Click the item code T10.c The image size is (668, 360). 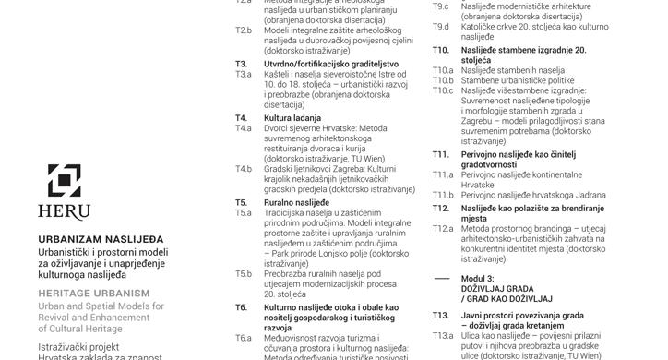(444, 90)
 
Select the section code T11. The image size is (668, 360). (441, 153)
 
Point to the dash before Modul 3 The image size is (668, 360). (442, 278)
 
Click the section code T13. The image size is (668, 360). (441, 316)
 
